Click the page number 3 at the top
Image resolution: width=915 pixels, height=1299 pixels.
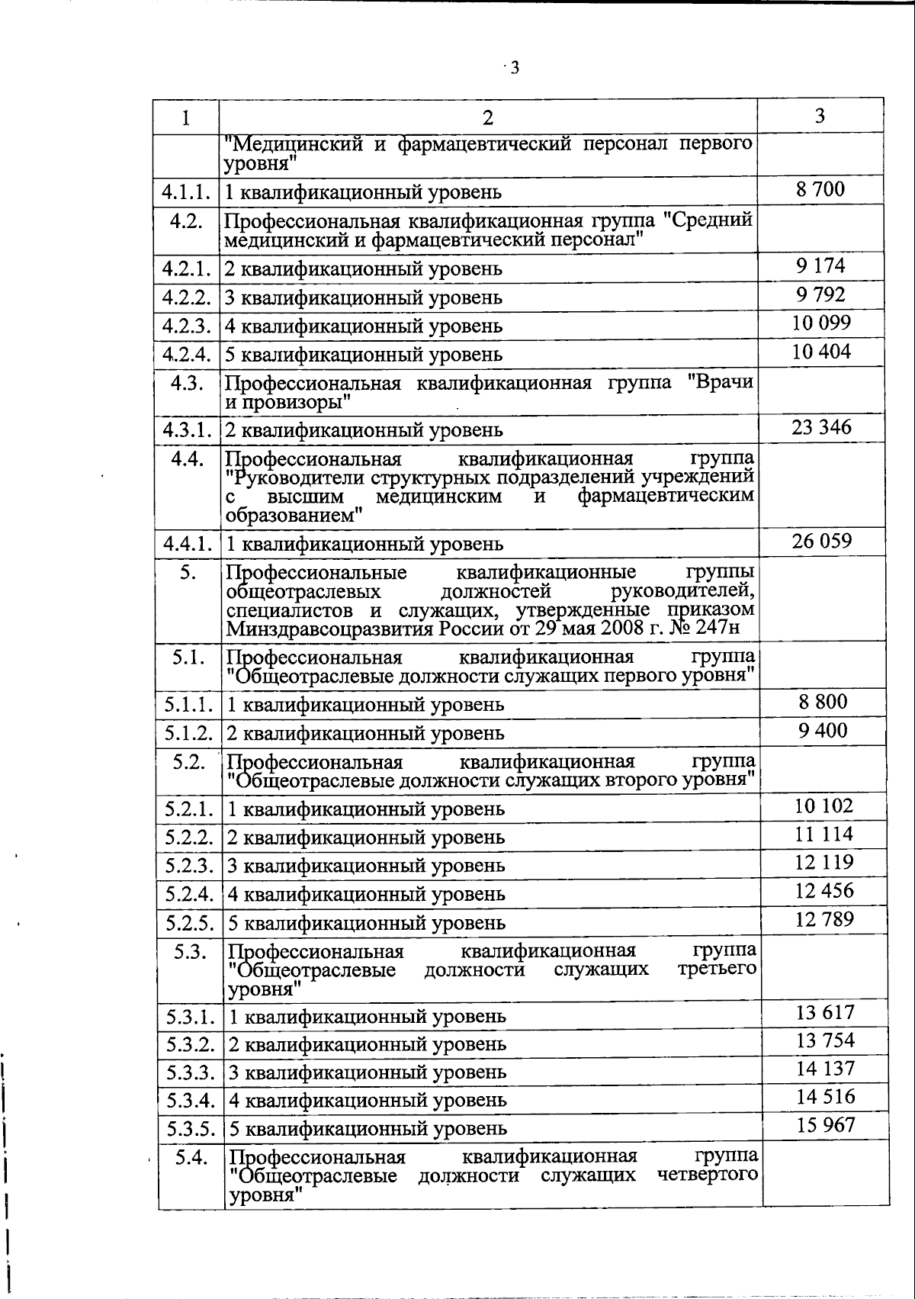tap(514, 69)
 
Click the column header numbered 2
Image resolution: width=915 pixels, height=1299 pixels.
tap(488, 117)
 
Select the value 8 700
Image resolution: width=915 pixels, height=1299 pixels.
tap(820, 189)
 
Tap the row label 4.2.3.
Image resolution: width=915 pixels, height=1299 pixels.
tap(186, 326)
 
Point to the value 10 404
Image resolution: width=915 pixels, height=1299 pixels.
tap(820, 352)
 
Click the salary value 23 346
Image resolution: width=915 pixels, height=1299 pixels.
tap(821, 427)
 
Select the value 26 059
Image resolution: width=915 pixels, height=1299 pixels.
tap(821, 542)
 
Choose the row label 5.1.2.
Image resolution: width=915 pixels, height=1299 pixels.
tap(188, 733)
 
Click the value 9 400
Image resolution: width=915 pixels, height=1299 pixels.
tap(823, 731)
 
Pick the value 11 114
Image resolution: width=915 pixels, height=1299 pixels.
tap(823, 834)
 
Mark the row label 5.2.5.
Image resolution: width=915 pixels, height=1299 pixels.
tap(189, 923)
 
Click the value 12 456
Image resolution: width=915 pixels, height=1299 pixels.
tap(823, 891)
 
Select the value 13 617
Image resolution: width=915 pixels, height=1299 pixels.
tap(825, 1013)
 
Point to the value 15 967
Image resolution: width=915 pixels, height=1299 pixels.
tap(826, 1125)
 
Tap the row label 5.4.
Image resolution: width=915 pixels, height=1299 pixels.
tap(191, 1158)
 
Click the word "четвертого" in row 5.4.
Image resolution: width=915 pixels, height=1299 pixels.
tap(708, 1175)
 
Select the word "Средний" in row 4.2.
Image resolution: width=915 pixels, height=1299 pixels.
tap(708, 221)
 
